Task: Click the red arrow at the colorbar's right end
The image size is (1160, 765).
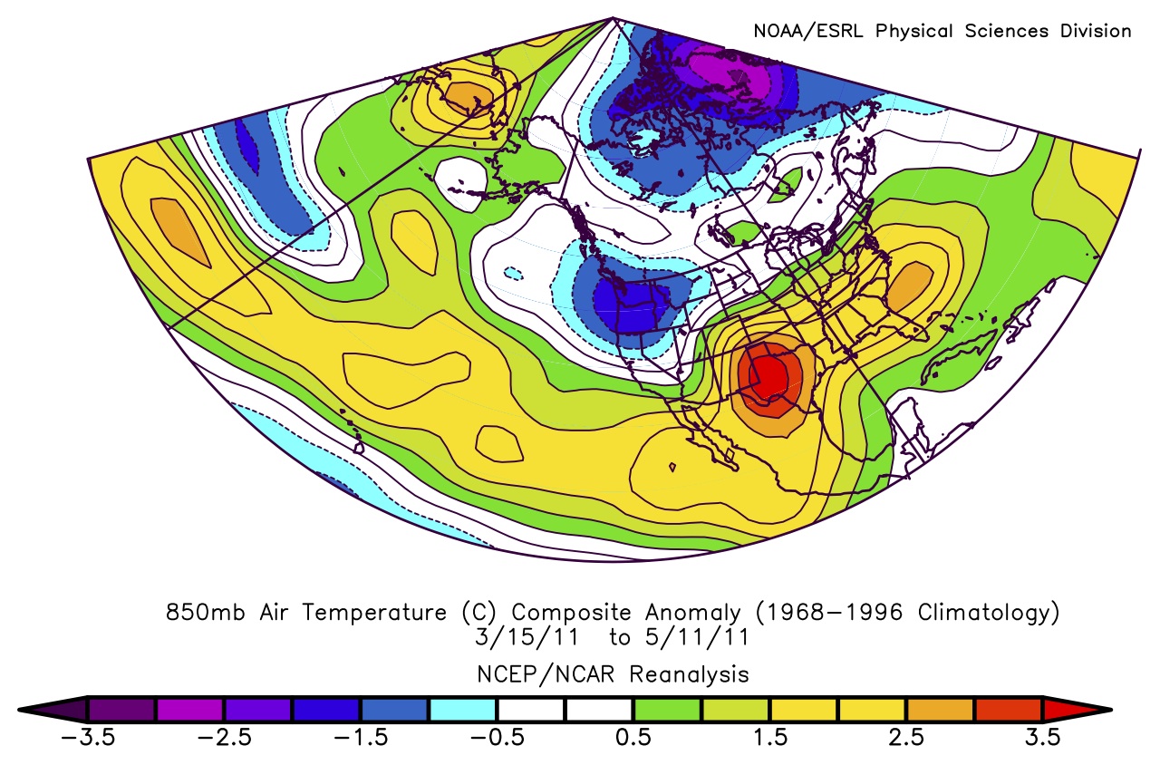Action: click(x=1078, y=709)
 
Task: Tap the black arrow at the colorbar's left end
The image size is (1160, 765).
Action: click(x=51, y=709)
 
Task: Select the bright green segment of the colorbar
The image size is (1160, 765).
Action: click(x=667, y=709)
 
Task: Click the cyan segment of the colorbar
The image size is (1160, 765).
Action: click(x=462, y=709)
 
